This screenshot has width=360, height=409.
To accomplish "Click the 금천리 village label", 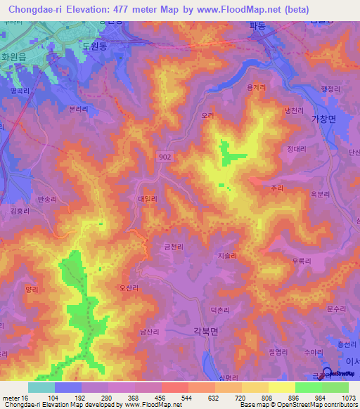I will click(173, 246).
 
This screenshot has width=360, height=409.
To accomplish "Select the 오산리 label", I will click(129, 287).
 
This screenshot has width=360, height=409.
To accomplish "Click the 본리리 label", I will click(78, 110).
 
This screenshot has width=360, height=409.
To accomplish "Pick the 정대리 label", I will click(296, 149).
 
